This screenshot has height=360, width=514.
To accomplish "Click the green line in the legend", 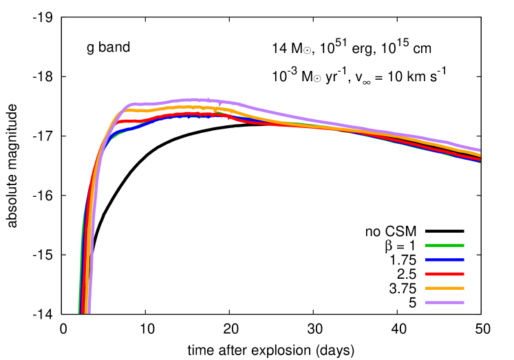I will pyautogui.click(x=445, y=245).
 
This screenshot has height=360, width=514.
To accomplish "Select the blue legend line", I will pyautogui.click(x=445, y=260).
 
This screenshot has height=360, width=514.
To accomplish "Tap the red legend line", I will pyautogui.click(x=445, y=274).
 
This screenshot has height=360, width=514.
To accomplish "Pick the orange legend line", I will pyautogui.click(x=445, y=288).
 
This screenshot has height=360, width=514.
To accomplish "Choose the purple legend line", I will pyautogui.click(x=445, y=302).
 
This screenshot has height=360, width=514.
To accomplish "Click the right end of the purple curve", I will pyautogui.click(x=480, y=150).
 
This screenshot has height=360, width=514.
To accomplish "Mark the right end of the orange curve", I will pyautogui.click(x=480, y=155).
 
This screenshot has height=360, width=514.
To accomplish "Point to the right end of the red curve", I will pyautogui.click(x=480, y=159).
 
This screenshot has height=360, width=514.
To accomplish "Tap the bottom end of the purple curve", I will pyautogui.click(x=89, y=313).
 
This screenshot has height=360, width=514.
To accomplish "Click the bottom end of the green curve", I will pyautogui.click(x=78, y=313).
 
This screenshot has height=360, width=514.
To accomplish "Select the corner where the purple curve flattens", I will pyautogui.click(x=131, y=105).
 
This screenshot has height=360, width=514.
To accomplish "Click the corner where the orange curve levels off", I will pyautogui.click(x=126, y=110).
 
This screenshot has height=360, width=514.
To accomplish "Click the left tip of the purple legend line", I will pyautogui.click(x=426, y=302).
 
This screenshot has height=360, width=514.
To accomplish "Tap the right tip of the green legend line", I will pyautogui.click(x=464, y=245).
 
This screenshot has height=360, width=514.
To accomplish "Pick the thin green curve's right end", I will pyautogui.click(x=480, y=162).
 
